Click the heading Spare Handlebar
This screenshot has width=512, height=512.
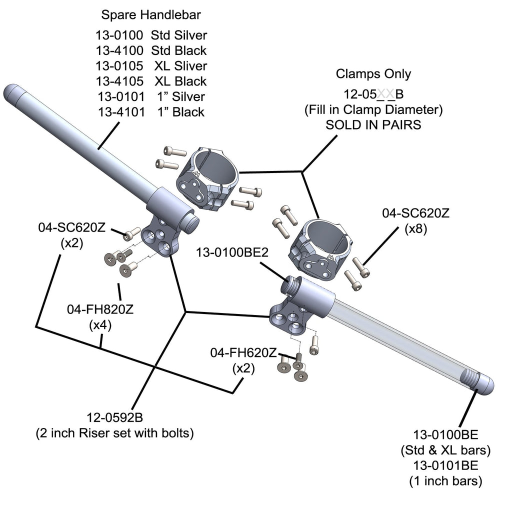(x=151, y=15)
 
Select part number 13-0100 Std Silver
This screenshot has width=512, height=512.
(x=151, y=35)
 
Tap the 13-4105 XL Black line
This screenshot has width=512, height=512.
(x=151, y=81)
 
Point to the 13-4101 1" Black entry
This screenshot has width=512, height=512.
(x=151, y=111)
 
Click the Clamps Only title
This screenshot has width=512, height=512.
(x=373, y=74)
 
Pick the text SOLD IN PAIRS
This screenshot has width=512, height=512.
(x=373, y=125)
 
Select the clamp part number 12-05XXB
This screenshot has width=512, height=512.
(x=373, y=93)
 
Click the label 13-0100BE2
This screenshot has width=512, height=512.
(x=232, y=253)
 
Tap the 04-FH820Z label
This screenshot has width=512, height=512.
(x=100, y=309)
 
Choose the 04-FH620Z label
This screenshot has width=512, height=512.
(x=243, y=353)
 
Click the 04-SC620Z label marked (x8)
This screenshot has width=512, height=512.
(x=416, y=213)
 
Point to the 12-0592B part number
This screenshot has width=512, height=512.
(x=115, y=416)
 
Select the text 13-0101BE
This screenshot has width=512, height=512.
(x=445, y=465)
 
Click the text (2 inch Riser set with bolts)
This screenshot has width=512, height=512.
(x=115, y=433)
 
